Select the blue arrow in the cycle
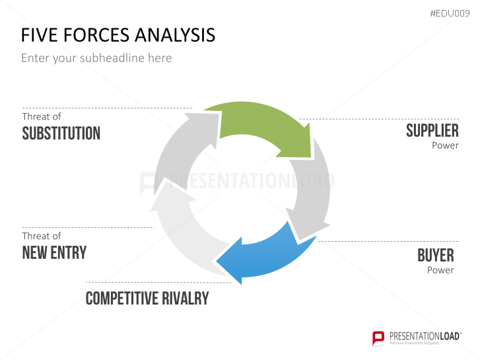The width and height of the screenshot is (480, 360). (264, 254)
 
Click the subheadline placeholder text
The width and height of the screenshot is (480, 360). (96, 58)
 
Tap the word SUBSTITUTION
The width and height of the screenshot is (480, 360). (61, 133)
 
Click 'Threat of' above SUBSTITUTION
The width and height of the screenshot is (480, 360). (42, 116)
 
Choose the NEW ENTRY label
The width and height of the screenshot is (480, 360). (54, 252)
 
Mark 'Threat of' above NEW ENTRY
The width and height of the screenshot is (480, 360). (42, 236)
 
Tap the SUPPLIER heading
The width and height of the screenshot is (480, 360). (432, 131)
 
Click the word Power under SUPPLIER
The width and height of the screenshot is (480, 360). (445, 145)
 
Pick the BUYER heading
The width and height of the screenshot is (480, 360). (436, 255)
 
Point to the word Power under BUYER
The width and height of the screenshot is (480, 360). (440, 270)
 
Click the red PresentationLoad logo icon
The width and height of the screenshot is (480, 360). (379, 338)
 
